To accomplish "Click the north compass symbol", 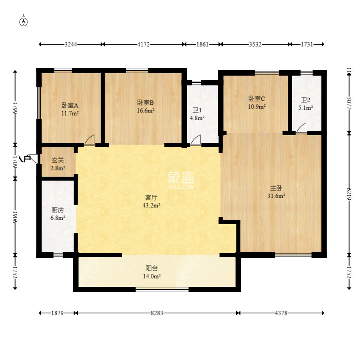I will [x=24, y=22].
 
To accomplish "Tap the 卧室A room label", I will [x=70, y=105].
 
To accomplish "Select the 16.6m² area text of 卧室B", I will [x=146, y=111].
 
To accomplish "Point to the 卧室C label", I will [x=256, y=98].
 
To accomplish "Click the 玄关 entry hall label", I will [x=58, y=160].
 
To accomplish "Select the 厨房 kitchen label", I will [x=58, y=210].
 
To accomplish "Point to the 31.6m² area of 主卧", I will [x=276, y=196].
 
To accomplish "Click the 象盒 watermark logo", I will [x=181, y=179].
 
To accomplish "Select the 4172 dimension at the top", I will [x=143, y=44].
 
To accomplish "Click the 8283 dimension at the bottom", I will [x=157, y=313].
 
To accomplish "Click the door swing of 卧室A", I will [x=90, y=140].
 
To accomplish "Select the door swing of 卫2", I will [x=301, y=128].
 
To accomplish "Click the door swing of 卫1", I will [x=196, y=140].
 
